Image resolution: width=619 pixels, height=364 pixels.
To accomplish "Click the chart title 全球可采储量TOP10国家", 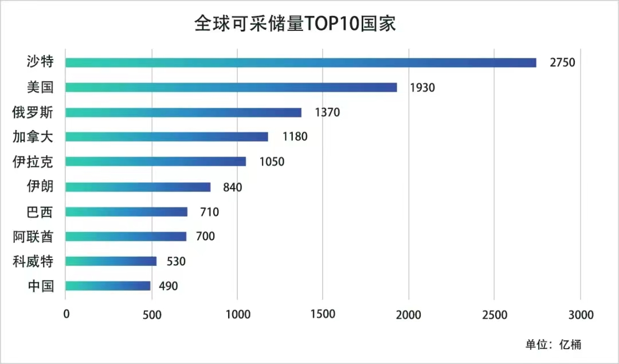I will coord(295,24).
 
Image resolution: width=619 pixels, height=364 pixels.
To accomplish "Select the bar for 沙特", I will coord(301,62).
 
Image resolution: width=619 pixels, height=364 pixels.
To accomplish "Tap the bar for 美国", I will coord(231,87).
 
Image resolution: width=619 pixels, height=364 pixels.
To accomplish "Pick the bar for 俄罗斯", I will coord(183,112).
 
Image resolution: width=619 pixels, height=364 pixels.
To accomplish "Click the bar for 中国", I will coord(108,285).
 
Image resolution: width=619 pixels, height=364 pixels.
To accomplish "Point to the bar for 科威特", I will coord(111,261).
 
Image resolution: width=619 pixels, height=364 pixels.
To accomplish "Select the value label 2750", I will coord(562,63).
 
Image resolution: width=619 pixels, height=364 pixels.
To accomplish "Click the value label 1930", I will coord(422,88).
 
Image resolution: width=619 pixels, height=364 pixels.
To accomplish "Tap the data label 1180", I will coord(295,137).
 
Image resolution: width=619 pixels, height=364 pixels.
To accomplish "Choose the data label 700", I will coord(205,236).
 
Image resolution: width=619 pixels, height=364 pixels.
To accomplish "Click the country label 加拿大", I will coord(33,137).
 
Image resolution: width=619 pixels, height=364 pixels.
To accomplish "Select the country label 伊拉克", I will coord(33,162).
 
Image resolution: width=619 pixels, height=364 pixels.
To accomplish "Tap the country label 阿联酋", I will coord(33,236).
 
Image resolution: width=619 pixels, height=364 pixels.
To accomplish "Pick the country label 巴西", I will coord(40,212).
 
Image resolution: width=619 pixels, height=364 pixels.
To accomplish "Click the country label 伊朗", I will coord(40,187).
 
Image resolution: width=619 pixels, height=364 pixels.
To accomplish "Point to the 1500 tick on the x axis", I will coord(323,314).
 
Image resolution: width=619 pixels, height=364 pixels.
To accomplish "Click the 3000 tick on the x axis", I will coord(580,314).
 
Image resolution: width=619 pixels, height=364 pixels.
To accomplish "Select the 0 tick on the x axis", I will coord(66,314).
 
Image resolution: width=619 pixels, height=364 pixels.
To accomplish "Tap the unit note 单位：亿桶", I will coord(553,345).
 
